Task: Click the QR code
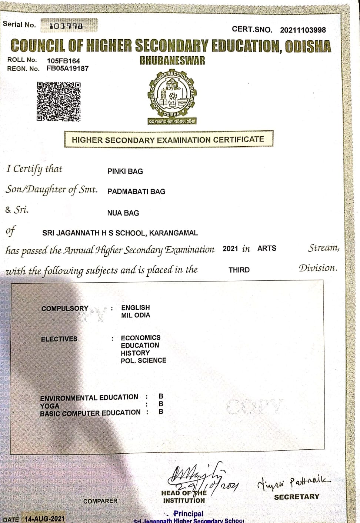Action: [x=59, y=101]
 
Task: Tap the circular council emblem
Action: [x=172, y=94]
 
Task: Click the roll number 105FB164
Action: [x=63, y=61]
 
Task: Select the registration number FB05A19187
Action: [x=67, y=69]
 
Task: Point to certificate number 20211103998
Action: [x=303, y=30]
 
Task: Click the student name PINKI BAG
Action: [x=125, y=171]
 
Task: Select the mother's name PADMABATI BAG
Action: [x=136, y=191]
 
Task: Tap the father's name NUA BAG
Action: [x=123, y=213]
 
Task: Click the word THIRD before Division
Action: [x=239, y=270]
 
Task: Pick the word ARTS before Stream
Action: [x=267, y=248]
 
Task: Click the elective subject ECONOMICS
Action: [x=140, y=338]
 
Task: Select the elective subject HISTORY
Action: [x=135, y=353]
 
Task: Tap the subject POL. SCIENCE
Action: [x=143, y=360]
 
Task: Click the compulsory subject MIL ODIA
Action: [x=136, y=315]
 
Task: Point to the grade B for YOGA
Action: [x=161, y=404]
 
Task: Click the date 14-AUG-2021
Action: [x=44, y=519]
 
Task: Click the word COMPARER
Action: [x=100, y=501]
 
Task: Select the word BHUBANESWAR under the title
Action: [x=172, y=61]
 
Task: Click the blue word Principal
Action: [x=188, y=514]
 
